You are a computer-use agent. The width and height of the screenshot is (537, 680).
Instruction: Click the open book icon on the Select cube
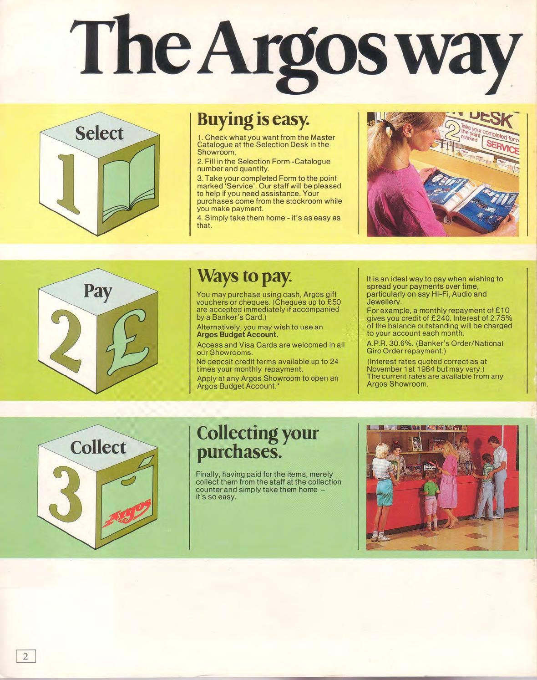(129, 183)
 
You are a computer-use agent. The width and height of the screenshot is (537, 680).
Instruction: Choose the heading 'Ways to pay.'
(243, 277)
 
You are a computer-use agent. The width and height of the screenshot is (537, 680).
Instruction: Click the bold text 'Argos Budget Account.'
(237, 335)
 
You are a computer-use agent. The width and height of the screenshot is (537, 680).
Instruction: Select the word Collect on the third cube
(98, 448)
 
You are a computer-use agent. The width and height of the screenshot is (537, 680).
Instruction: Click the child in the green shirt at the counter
(431, 502)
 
